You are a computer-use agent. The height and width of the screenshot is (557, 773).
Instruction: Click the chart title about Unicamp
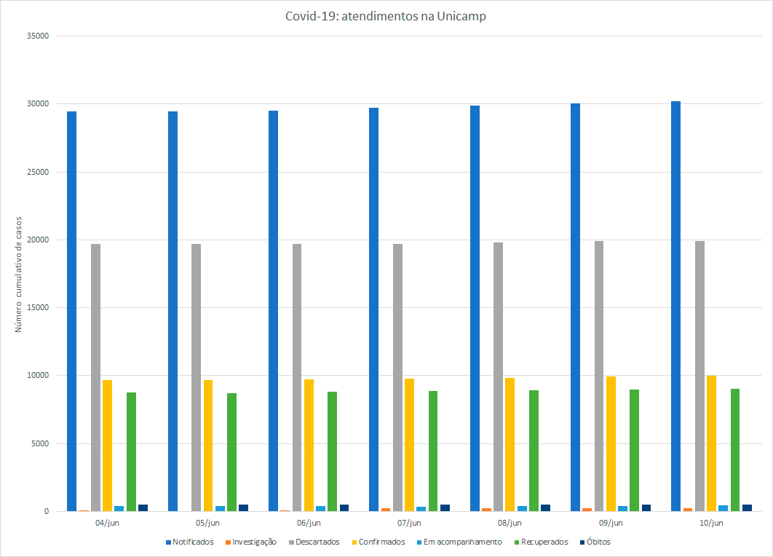pyautogui.click(x=386, y=16)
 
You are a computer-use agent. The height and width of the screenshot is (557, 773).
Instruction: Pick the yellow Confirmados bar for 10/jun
pyautogui.click(x=711, y=443)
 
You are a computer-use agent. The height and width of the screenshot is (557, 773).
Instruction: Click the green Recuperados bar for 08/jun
pyautogui.click(x=534, y=451)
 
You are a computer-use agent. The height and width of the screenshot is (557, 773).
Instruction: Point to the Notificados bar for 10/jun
pyautogui.click(x=675, y=306)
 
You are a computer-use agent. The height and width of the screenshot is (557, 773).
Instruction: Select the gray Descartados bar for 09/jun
pyautogui.click(x=598, y=376)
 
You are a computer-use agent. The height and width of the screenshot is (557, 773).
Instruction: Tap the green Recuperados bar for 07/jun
pyautogui.click(x=433, y=451)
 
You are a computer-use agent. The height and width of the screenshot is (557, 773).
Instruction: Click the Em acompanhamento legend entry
pyautogui.click(x=463, y=542)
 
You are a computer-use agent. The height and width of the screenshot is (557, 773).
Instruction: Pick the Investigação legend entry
pyautogui.click(x=254, y=542)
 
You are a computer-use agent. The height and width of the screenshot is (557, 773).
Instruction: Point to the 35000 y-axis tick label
pyautogui.click(x=36, y=36)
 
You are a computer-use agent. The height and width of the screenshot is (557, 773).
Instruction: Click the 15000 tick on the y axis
pyautogui.click(x=36, y=307)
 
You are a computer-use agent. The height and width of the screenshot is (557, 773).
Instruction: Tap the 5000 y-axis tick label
pyautogui.click(x=39, y=443)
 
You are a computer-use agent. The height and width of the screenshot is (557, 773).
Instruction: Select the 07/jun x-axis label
pyautogui.click(x=409, y=523)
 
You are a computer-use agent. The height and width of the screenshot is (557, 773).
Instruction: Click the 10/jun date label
pyautogui.click(x=711, y=523)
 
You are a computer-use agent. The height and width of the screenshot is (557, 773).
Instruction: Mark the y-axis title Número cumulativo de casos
pyautogui.click(x=19, y=273)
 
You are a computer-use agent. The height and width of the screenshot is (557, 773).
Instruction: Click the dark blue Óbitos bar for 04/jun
pyautogui.click(x=143, y=507)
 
